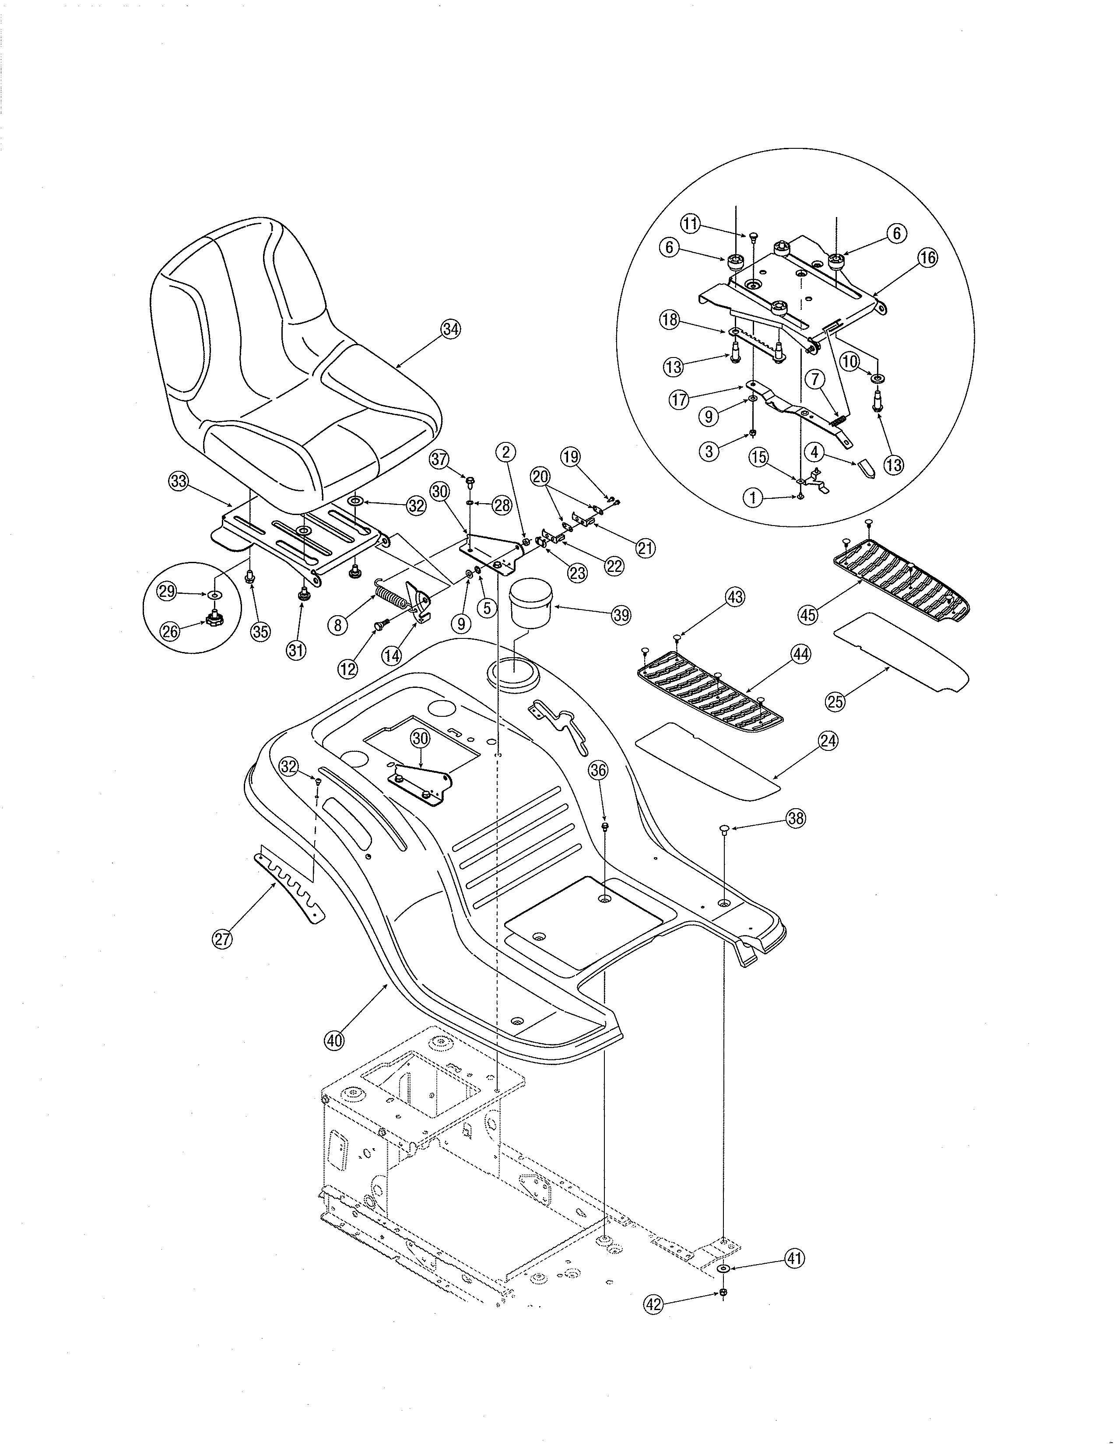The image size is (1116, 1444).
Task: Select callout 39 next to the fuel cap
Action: (621, 614)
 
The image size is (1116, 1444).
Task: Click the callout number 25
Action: (835, 701)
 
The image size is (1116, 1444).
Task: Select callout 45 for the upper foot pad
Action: (808, 614)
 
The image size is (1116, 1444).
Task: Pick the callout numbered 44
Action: (800, 654)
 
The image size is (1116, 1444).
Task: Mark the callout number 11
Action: (690, 224)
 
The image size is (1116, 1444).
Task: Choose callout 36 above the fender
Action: (598, 770)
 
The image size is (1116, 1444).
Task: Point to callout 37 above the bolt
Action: (440, 458)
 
